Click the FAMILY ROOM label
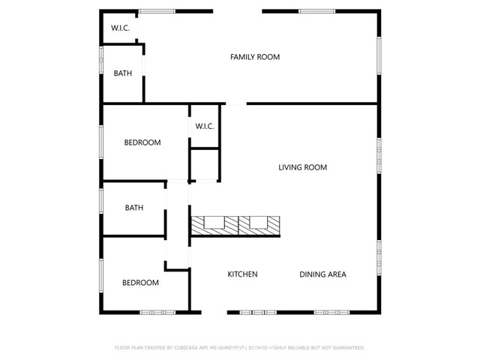pos(255,57)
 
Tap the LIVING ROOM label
pos(303,167)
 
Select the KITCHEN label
pos(242,274)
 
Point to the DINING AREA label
pos(322,274)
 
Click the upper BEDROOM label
pos(142,142)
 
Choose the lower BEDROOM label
pos(141,283)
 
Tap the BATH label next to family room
pos(123,73)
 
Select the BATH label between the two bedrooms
pos(134,208)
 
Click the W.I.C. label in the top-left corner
pos(121,28)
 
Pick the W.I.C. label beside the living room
pos(205,126)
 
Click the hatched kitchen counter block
pos(235,223)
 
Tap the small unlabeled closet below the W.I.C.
pos(204,164)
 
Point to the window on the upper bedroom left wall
pos(101,142)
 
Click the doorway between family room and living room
pos(235,103)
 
